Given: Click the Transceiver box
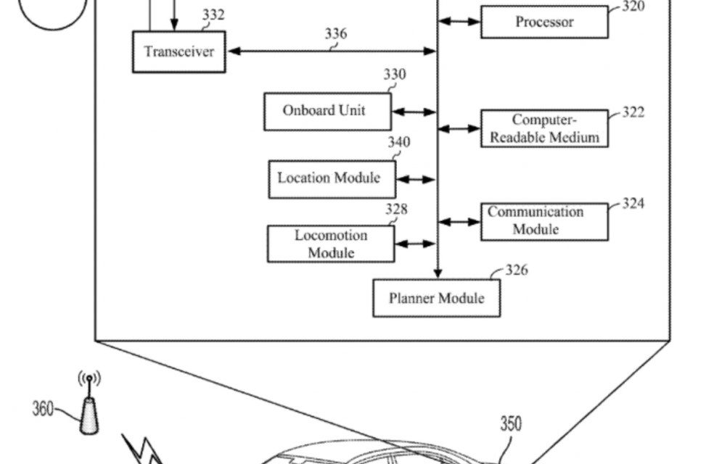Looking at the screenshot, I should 178,52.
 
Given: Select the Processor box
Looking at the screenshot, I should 544,22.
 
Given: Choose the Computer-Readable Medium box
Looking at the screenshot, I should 544,129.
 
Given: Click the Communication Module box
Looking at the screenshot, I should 544,221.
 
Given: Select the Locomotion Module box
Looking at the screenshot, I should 331,244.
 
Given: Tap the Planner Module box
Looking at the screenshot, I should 436,298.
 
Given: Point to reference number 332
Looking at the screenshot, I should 214,14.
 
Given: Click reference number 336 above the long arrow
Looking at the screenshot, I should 335,33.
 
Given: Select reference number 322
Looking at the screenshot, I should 633,112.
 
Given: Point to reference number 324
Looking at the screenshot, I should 633,203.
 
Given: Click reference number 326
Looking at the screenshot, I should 516,270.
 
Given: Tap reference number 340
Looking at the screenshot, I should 398,142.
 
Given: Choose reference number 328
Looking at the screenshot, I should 396,210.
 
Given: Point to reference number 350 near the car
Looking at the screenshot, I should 510,423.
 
